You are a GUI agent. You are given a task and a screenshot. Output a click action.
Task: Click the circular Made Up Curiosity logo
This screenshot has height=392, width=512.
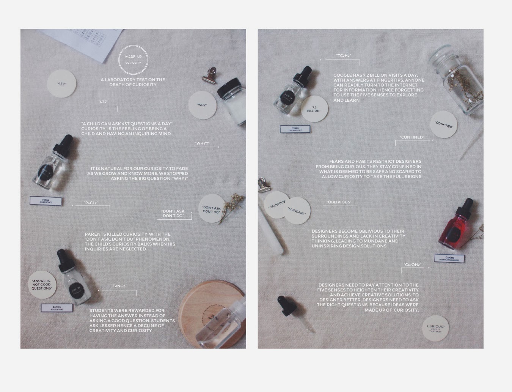133,60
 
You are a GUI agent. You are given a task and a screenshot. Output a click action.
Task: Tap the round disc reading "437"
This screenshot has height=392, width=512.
61,83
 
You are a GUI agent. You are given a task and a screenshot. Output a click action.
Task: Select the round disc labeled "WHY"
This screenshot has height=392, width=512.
203,105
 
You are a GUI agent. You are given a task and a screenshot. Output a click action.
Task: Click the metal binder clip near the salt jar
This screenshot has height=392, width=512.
209,75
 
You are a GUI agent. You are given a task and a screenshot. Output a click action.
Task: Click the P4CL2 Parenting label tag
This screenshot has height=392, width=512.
46,201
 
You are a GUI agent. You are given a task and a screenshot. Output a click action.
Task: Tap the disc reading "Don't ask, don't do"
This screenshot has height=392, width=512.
211,209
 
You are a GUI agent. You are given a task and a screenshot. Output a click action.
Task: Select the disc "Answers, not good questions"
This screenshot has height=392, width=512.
42,285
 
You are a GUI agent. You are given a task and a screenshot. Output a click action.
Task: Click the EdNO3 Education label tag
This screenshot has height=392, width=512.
57,307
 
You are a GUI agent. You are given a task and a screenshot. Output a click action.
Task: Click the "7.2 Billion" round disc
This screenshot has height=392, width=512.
313,109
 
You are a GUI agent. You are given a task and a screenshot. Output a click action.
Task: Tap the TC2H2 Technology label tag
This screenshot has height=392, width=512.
295,129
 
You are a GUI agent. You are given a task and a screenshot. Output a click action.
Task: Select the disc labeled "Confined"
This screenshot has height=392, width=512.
444,124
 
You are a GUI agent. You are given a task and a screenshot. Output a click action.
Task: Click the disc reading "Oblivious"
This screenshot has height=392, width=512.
276,205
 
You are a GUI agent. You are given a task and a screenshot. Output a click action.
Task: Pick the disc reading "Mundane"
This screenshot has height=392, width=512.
297,211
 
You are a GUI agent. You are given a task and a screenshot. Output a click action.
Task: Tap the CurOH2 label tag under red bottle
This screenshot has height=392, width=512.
449,258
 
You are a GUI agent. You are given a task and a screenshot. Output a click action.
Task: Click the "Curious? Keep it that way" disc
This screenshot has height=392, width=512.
435,328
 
